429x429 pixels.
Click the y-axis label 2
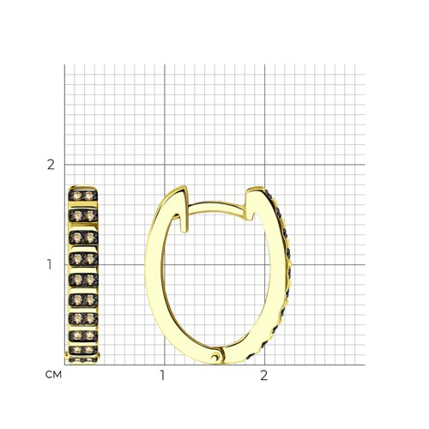51,165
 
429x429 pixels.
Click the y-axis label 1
50,264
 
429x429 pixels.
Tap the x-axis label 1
162,375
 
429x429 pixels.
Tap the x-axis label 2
264,375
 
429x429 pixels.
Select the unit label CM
53,375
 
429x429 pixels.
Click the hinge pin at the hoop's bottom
214,356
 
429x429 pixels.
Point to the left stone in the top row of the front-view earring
77,196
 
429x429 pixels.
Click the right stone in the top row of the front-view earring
89,196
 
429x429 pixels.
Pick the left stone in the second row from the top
77,215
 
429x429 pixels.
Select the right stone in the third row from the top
90,237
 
